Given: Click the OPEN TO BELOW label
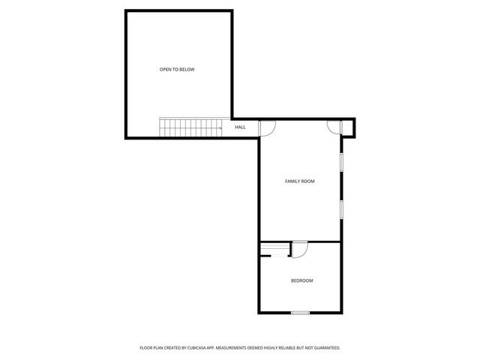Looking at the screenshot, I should tap(177, 70).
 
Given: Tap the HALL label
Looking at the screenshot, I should tap(240, 127).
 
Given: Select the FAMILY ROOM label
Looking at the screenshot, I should tap(299, 181).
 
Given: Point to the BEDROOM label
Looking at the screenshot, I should tap(301, 280).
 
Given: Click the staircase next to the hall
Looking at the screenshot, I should tap(189, 127).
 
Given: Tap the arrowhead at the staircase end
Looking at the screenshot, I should tap(220, 128).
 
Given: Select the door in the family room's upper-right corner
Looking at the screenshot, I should tap(334, 127).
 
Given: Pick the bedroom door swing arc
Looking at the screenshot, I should tap(298, 250).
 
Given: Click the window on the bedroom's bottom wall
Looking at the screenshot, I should tap(301, 312).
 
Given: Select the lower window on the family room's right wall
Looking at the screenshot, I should tap(342, 208).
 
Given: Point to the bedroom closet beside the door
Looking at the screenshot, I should tap(275, 249).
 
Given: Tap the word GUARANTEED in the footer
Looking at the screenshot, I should tap(325, 348).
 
